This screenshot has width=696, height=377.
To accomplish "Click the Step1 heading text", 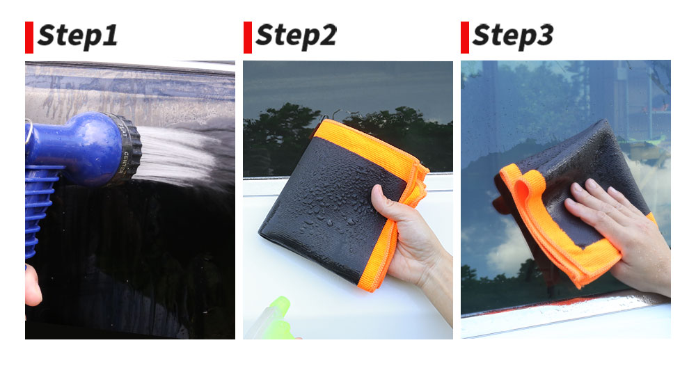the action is tap(78, 35).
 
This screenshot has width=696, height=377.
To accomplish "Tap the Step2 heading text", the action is tap(296, 35).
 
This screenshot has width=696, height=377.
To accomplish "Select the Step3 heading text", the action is tap(513, 35).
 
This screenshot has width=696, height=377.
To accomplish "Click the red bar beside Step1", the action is tap(29, 38).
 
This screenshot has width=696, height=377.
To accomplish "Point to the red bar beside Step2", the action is tap(248, 38).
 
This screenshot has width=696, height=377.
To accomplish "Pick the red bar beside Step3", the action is tap(465, 38).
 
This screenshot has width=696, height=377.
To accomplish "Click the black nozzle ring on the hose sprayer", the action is tap(126, 149).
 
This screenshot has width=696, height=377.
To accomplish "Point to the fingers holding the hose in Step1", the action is tap(32, 286).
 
